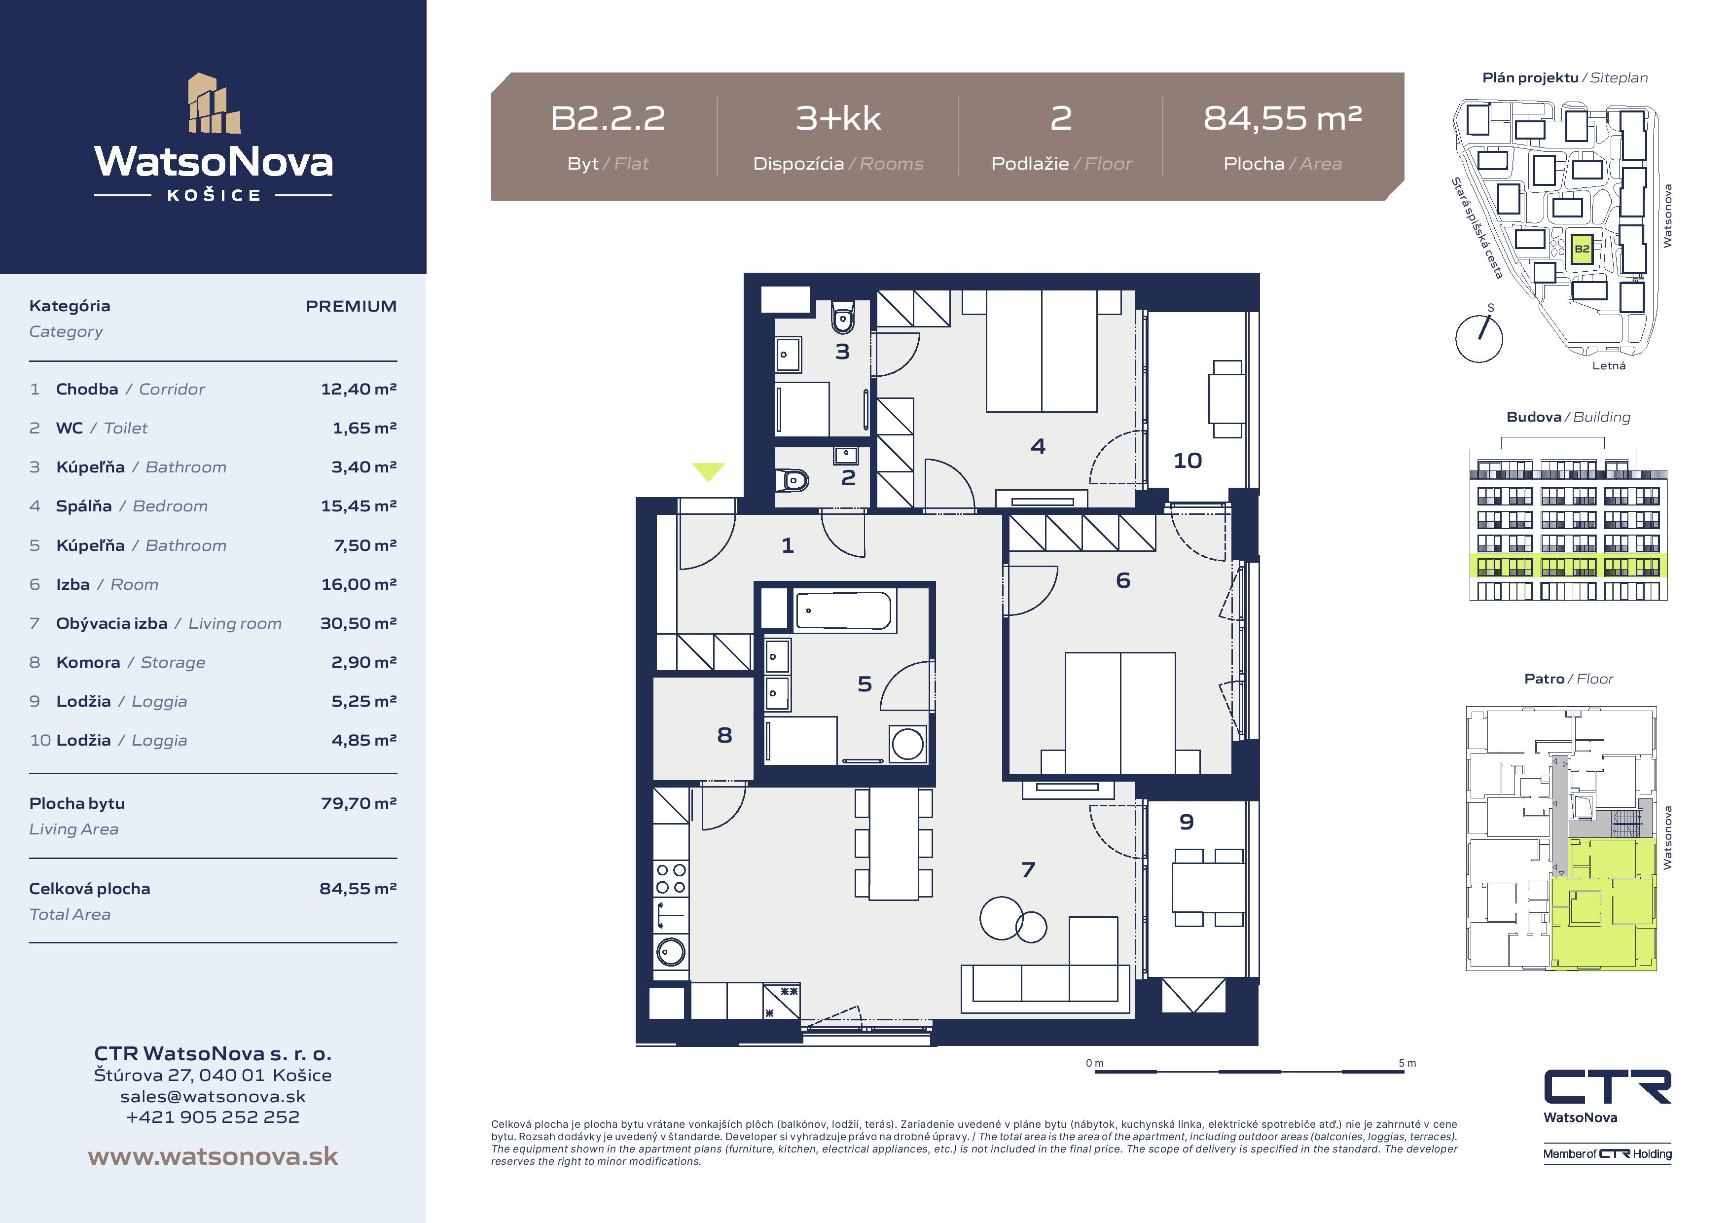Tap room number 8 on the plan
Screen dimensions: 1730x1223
coord(724,735)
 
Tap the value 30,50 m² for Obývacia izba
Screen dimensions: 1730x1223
coord(358,623)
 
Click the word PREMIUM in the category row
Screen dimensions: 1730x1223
coord(351,306)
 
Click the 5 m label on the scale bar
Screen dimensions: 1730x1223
coord(1407,1063)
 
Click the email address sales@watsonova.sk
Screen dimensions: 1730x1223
coord(213,1096)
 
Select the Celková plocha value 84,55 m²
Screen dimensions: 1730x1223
coord(358,889)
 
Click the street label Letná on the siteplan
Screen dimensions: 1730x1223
coord(1609,365)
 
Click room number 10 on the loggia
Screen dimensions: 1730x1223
coord(1188,461)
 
